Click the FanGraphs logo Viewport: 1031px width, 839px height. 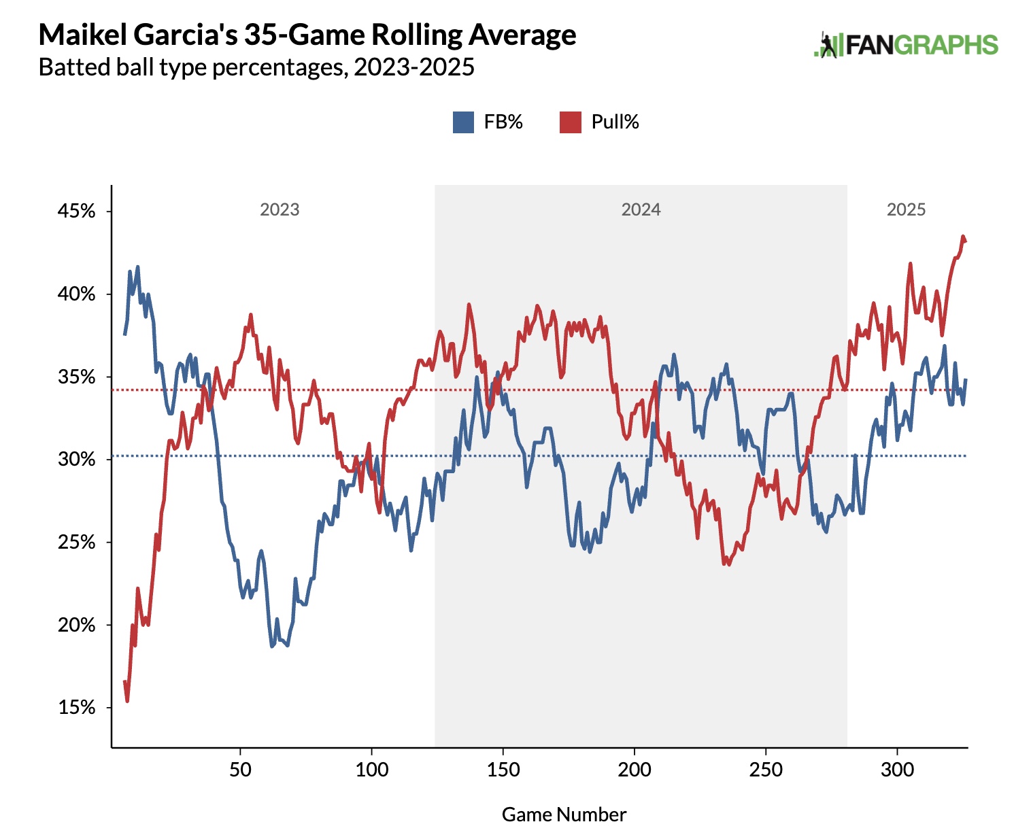906,45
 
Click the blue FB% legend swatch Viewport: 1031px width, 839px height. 463,122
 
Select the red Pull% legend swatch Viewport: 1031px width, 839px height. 570,122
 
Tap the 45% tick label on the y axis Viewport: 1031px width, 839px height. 76,211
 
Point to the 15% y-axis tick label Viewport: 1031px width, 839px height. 76,708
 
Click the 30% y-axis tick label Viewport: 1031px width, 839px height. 76,460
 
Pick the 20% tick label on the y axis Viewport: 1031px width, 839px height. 76,625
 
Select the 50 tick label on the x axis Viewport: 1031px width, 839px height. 240,770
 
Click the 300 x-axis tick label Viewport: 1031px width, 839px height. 897,770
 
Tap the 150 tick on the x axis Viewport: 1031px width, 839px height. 503,770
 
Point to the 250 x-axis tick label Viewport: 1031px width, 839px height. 766,770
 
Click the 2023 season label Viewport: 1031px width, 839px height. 280,209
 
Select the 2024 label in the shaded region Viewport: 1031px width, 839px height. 641,209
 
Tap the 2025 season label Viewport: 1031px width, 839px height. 906,209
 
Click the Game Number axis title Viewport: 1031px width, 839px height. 564,815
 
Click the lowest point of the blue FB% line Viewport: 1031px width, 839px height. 272,646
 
